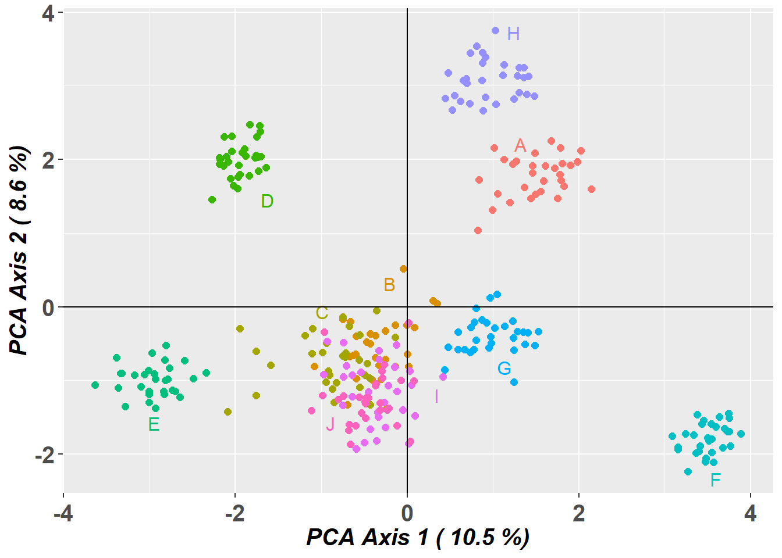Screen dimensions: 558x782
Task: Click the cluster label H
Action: [x=513, y=34]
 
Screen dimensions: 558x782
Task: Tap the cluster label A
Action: [x=520, y=145]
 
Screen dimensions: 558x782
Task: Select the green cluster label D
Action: [x=267, y=201]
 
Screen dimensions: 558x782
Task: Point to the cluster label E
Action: [x=154, y=424]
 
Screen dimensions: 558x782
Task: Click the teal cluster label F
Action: [x=716, y=480]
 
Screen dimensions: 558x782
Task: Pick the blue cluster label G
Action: [x=504, y=368]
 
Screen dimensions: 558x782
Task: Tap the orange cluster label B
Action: [x=389, y=285]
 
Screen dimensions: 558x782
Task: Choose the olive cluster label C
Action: [x=322, y=313]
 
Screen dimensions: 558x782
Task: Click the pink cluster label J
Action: [x=330, y=424]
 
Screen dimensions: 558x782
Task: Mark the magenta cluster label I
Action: [x=436, y=396]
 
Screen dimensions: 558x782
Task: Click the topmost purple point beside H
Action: [x=495, y=30]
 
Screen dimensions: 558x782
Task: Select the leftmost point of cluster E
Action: [x=95, y=385]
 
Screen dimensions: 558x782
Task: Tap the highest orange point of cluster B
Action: [x=403, y=269]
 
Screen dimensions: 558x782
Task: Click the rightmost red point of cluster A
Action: [x=591, y=189]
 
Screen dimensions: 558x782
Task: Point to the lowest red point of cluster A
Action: [x=478, y=230]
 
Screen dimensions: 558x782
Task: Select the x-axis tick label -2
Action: [x=234, y=514]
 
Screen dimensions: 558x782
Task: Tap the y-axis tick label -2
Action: [x=44, y=455]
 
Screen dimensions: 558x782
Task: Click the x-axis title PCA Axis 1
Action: [x=418, y=537]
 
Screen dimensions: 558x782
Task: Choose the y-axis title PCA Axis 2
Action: [x=19, y=250]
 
